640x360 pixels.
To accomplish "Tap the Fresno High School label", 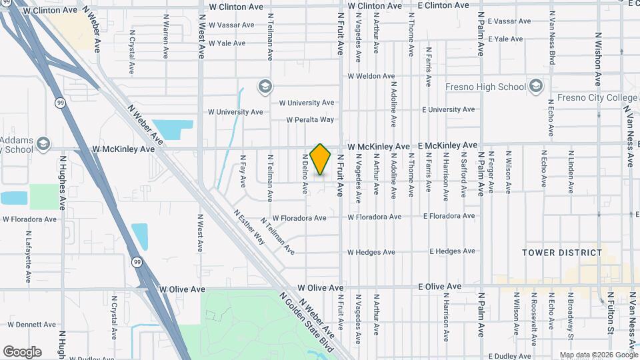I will coord(485,87).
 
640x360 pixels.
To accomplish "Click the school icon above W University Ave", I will coord(265,87).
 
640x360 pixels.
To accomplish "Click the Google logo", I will coord(22,352).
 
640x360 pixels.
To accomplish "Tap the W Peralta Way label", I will coord(310,120).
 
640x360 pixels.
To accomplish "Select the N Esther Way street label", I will coord(249,227).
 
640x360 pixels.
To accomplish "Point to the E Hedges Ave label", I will coord(453,251).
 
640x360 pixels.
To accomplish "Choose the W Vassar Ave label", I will coord(231,25).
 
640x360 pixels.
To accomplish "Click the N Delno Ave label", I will coord(304,176).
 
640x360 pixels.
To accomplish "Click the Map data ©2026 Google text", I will coord(598,355).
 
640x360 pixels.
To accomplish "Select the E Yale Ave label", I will coord(509,39).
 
